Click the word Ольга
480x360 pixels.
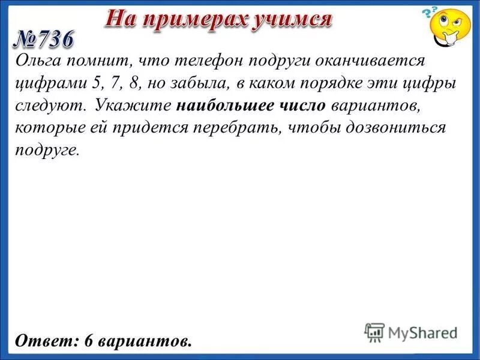tap(37, 61)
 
